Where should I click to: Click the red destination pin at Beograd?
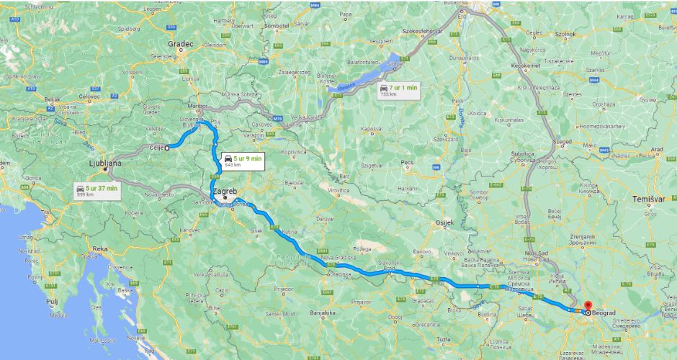(x=588, y=306)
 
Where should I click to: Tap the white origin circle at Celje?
(x=167, y=148)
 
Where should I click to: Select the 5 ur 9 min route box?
(x=242, y=161)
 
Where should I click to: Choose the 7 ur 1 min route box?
(x=398, y=90)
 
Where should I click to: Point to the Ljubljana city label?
(x=102, y=163)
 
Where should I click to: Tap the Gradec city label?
(x=181, y=44)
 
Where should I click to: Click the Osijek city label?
(x=444, y=222)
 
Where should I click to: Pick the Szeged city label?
(x=561, y=142)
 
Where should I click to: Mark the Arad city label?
(x=657, y=150)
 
